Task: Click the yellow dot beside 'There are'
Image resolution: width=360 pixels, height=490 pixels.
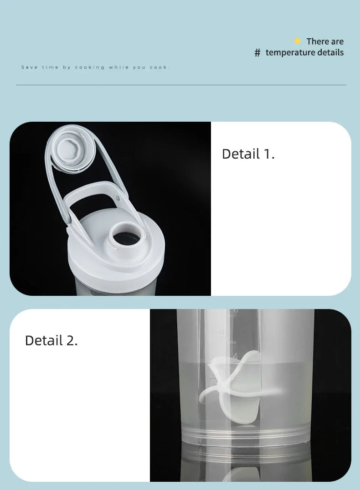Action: click(298, 41)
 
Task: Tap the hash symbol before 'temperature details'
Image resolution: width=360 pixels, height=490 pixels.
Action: click(257, 53)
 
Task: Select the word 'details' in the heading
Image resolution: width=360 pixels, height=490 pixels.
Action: click(330, 52)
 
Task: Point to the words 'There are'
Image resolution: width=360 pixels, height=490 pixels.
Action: click(325, 41)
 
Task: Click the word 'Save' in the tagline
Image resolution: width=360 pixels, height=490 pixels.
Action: click(29, 67)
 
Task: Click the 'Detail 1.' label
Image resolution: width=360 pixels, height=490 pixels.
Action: click(248, 154)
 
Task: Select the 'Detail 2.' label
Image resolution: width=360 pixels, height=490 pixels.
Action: click(51, 340)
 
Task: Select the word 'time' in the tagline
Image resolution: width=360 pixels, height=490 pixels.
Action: click(50, 67)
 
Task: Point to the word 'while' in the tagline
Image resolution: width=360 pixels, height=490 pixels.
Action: click(119, 67)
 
